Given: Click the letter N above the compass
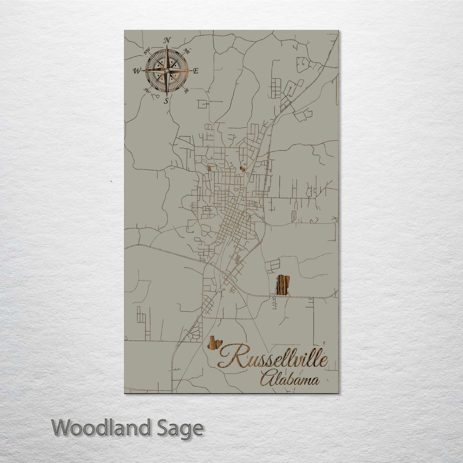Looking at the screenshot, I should coord(167,41).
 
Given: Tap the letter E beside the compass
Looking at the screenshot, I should coord(196,71).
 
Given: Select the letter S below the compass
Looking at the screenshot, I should coord(166,101).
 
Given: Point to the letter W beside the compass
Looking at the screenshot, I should coord(137,71).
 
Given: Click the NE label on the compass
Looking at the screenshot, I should coord(186,51).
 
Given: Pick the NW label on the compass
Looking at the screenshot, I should coord(147,52).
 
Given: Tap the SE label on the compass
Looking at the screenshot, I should coord(186,90).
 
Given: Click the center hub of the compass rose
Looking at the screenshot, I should coord(167,71).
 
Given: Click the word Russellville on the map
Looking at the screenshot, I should coord(273,357).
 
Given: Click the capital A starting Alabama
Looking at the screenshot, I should coord(266,379).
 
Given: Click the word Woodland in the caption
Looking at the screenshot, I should coord(101,428).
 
